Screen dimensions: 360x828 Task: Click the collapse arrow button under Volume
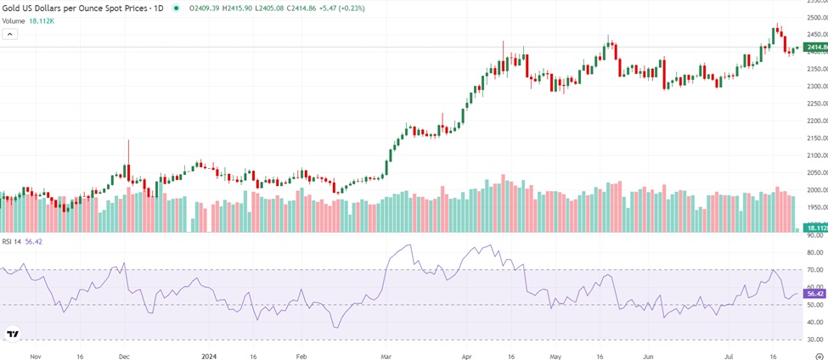tap(10, 34)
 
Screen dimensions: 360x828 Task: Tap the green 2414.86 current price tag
tap(815, 47)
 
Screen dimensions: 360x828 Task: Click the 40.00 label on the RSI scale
tap(813, 323)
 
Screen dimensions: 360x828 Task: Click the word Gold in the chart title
tap(12, 7)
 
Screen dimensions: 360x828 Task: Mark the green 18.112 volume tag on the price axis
tap(815, 228)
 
